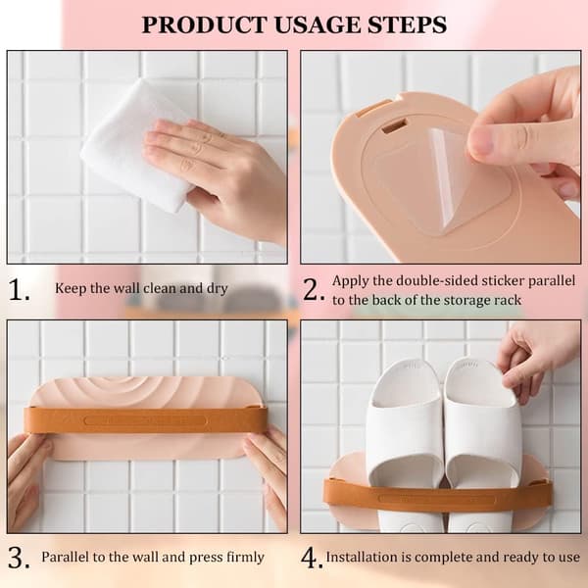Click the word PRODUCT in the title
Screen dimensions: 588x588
point(204,25)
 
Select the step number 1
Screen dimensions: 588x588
point(19,290)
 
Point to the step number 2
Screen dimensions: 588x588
point(314,290)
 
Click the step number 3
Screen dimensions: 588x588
point(19,559)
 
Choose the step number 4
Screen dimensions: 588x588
point(312,559)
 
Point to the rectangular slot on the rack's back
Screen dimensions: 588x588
point(395,126)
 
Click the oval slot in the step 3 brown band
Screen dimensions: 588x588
point(145,420)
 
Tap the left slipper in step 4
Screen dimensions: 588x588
point(405,444)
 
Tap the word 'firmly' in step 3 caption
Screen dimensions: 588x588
point(245,558)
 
